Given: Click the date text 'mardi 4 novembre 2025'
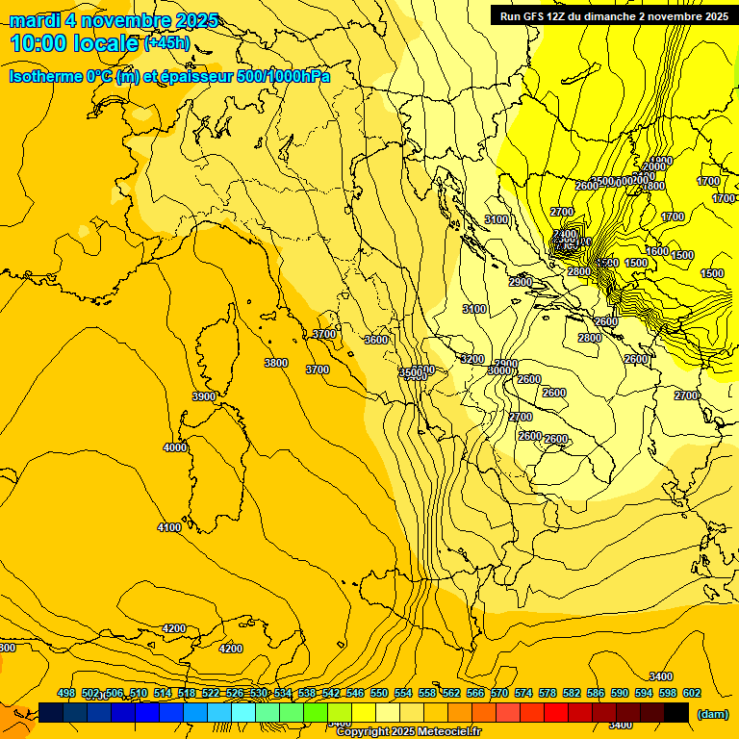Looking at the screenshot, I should (x=114, y=20).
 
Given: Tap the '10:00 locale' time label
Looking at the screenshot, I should (x=75, y=43).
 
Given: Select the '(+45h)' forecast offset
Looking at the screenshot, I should (x=166, y=43).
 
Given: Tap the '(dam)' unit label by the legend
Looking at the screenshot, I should (x=711, y=713).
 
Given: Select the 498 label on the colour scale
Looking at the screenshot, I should (x=66, y=694).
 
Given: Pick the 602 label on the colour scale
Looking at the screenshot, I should (x=692, y=694).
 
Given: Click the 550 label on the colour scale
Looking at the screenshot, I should (x=379, y=694).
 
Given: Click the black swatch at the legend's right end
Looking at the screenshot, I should (x=676, y=712).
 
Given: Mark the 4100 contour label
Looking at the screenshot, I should (x=169, y=527).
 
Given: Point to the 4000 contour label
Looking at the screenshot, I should (x=175, y=447).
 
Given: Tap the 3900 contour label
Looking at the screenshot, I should (x=204, y=396).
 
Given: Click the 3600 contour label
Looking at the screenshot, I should (x=376, y=340).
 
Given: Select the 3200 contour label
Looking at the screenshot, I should (x=472, y=359).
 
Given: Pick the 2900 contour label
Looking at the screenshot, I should (x=521, y=282).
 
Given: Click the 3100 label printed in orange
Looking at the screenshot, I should (x=474, y=309).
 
